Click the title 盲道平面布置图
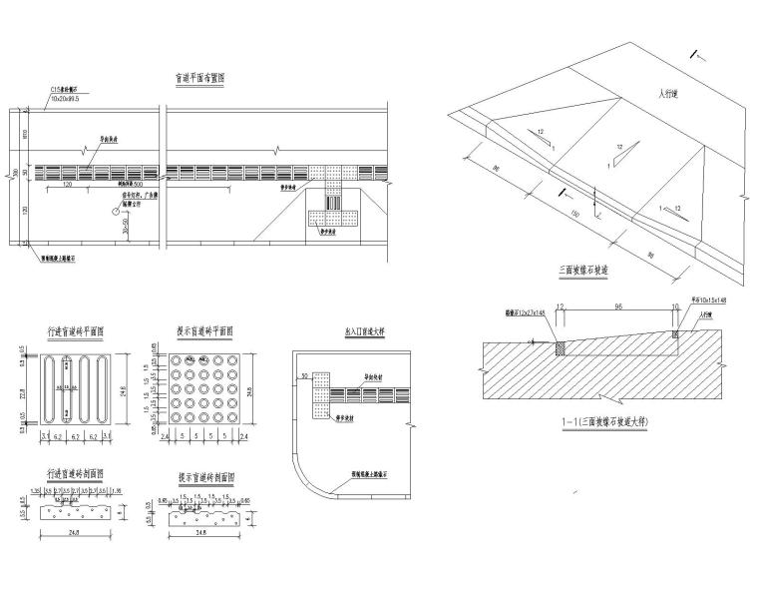pos(204,79)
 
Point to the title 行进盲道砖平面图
pos(76,331)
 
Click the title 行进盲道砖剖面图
pos(76,474)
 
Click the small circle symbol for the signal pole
pos(116,212)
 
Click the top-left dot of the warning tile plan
pos(177,359)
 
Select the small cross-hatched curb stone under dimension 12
pos(560,347)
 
